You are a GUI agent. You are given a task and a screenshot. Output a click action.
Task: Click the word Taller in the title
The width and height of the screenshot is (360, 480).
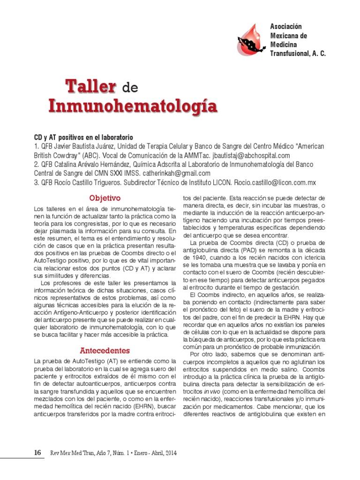coord(90,86)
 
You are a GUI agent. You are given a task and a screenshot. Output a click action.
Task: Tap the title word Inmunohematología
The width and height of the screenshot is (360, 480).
coord(133,106)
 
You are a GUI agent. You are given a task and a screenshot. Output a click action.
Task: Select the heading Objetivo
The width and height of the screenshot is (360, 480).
coord(105,198)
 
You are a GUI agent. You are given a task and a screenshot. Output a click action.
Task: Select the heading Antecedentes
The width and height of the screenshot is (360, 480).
coord(105,351)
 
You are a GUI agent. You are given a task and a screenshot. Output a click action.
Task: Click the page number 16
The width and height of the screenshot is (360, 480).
coord(38,453)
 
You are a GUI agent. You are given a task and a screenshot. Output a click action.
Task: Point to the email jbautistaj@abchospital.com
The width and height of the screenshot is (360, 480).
coord(251,155)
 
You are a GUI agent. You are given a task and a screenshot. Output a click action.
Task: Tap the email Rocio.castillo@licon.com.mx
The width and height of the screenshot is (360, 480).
coord(275,182)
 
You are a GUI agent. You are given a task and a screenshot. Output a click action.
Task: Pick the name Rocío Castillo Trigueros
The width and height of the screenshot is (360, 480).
coord(88,182)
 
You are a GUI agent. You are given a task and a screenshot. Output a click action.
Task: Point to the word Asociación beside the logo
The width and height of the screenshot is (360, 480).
coord(286,27)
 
